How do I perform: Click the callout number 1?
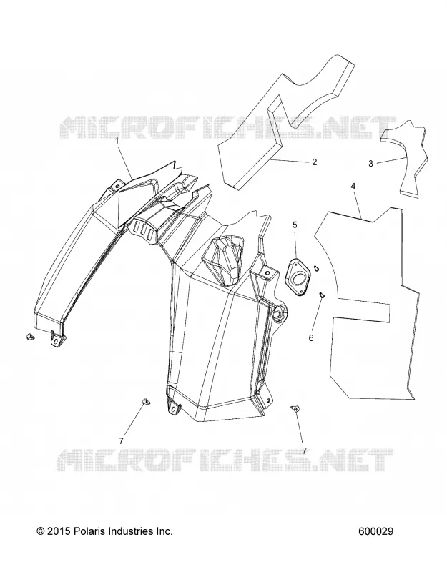tap(117, 140)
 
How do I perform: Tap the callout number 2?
tap(315, 162)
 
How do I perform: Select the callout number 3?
tap(370, 164)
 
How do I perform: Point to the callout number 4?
tap(353, 186)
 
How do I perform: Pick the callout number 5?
tap(295, 225)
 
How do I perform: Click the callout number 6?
tap(311, 337)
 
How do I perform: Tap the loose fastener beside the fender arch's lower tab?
tap(31, 337)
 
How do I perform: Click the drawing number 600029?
tap(376, 531)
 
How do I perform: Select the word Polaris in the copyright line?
tap(87, 531)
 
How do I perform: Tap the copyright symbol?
tap(41, 531)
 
